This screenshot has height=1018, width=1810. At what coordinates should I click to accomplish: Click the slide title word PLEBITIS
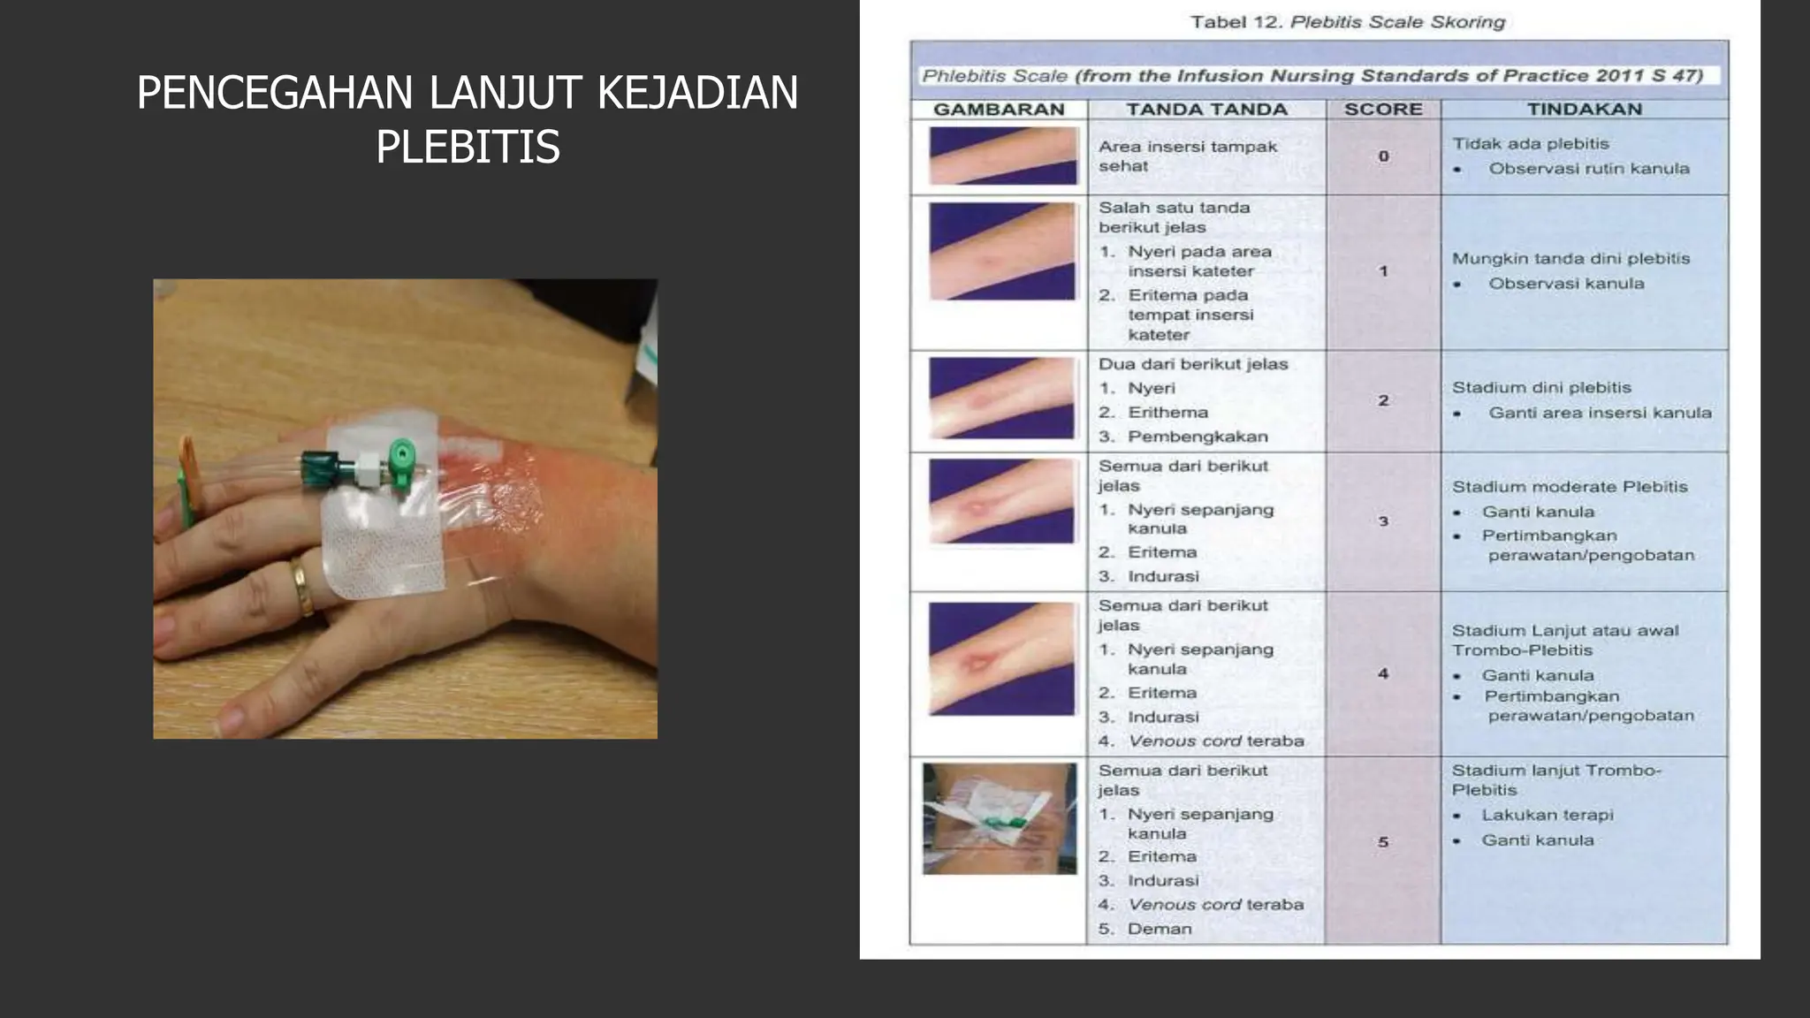468,147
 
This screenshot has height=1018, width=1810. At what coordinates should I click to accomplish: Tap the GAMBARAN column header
999,110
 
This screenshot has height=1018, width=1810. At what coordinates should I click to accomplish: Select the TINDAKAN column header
1585,110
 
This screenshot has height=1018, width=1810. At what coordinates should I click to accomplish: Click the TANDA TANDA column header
1206,110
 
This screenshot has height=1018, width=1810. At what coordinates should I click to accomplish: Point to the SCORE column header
1383,110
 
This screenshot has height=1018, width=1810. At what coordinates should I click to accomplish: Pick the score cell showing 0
1383,156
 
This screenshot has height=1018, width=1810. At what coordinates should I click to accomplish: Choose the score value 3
1383,521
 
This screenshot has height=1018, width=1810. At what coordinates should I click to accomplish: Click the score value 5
1383,842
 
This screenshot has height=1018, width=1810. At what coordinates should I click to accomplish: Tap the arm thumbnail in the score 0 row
1003,156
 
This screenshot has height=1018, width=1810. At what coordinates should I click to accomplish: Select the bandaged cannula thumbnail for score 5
1000,819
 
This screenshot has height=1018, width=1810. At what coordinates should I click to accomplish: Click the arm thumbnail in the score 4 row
1002,659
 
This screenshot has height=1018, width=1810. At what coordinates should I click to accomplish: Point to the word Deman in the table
1160,929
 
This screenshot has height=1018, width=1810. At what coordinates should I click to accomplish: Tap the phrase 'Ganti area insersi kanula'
1600,413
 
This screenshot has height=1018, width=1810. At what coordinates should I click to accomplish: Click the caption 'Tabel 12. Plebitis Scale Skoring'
1348,22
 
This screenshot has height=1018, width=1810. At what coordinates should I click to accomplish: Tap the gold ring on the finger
302,585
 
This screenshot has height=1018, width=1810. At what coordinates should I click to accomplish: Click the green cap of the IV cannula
402,460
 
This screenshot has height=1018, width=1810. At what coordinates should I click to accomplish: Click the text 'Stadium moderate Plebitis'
1570,487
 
